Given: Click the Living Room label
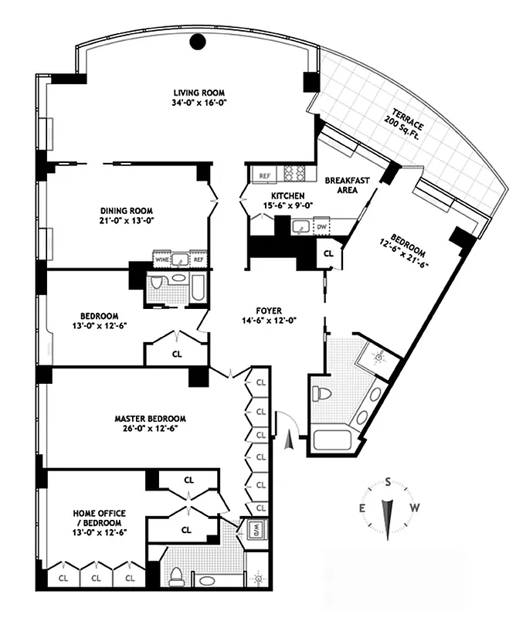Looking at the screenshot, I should point(199,91).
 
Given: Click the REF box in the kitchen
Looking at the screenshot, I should point(264,176).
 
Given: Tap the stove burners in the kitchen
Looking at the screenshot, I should point(295,173).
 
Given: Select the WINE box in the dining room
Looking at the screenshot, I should point(162,260).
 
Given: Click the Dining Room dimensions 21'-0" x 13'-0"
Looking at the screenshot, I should point(126,221).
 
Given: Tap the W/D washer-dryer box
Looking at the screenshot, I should point(256,531).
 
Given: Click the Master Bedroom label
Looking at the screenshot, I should point(146,419).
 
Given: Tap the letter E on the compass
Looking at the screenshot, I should point(361,508).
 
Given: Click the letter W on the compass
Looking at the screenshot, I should point(414,508).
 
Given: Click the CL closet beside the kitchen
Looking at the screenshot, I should point(327,253).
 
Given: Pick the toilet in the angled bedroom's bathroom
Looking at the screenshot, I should point(324,392).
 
